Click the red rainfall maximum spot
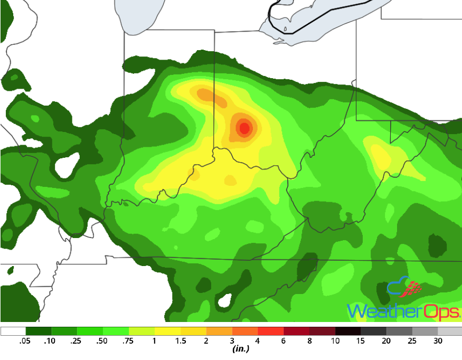pyautogui.click(x=244, y=127)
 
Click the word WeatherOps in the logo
pyautogui.click(x=403, y=311)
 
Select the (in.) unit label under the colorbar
pyautogui.click(x=241, y=349)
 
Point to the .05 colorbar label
pyautogui.click(x=25, y=341)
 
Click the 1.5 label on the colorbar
pyautogui.click(x=180, y=341)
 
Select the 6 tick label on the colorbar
pyautogui.click(x=284, y=341)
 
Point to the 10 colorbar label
pyautogui.click(x=335, y=341)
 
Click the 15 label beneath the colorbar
pyautogui.click(x=361, y=341)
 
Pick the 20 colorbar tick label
pyautogui.click(x=386, y=341)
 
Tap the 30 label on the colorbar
pyautogui.click(x=438, y=341)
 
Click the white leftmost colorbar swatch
pyautogui.click(x=13, y=331)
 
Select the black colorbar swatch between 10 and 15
pyautogui.click(x=348, y=331)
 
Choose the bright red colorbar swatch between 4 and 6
pyautogui.click(x=271, y=331)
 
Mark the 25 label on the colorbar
pyautogui.click(x=412, y=341)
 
